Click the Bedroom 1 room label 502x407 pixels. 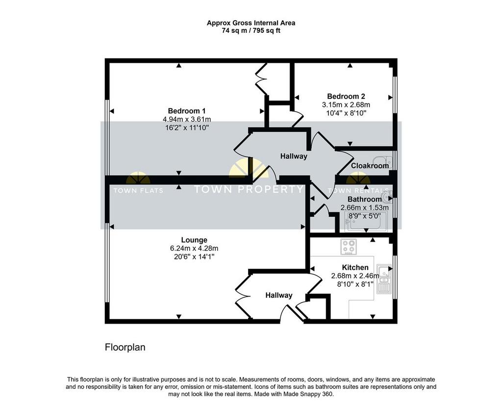tap(187, 111)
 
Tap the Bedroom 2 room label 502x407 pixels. tap(346, 97)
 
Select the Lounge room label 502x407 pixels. tap(194, 240)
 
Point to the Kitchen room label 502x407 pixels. tap(355, 267)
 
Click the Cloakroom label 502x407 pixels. tap(370, 166)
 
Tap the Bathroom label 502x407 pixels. tap(364, 199)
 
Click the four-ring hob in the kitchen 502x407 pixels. tap(349, 247)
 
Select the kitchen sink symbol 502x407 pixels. tap(384, 279)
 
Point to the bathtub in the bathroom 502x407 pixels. tap(366, 222)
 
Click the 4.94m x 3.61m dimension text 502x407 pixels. tap(187, 120)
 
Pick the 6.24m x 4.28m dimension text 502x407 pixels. tap(194, 248)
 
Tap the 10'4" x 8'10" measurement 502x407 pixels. tap(346, 113)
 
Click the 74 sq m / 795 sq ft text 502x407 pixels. tap(251, 31)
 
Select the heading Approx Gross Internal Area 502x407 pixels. tap(251, 23)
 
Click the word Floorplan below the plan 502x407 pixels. tap(125, 348)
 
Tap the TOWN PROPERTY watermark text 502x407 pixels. tap(249, 189)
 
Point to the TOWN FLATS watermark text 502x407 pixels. tap(138, 191)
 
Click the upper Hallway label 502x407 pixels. tap(294, 156)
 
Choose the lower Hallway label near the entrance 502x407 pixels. tap(279, 295)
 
